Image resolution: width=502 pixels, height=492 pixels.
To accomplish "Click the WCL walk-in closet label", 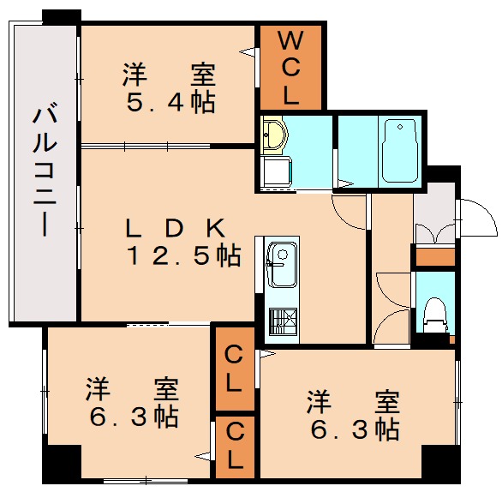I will coord(291,67).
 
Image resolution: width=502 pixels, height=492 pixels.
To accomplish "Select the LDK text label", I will coord(175,228).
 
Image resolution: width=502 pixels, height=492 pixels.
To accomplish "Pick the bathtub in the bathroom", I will coord(398,151).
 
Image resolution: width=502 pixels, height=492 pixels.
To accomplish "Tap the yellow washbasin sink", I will coord(275,134).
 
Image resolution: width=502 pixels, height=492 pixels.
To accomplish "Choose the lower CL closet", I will coord(234,446).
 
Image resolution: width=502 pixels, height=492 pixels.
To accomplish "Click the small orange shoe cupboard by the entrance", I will coord(433,255).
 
